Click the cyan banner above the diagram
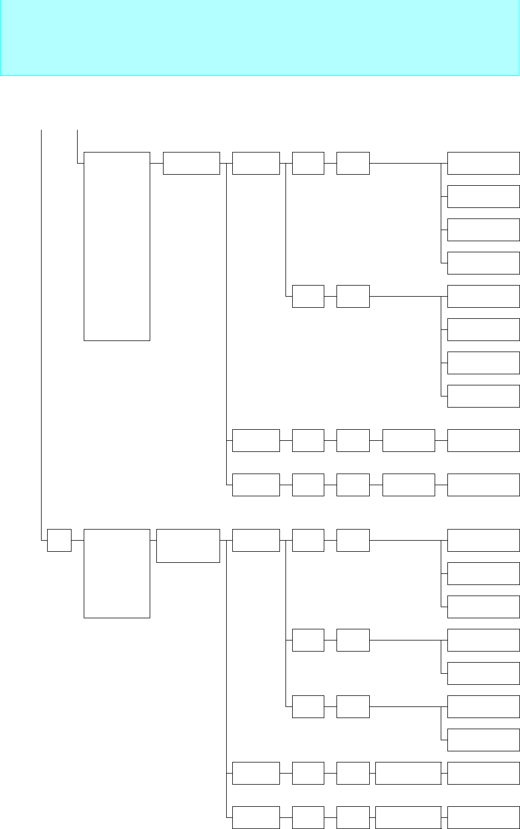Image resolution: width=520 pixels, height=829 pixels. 259,38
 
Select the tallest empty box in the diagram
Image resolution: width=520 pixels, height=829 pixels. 116,246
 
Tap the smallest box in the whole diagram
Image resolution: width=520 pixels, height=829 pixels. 59,540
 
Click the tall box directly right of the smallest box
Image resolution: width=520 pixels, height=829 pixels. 116,573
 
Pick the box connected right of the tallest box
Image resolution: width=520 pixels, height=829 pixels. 191,163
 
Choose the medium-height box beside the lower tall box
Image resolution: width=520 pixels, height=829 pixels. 188,546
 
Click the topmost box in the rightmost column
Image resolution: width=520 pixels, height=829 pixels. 483,163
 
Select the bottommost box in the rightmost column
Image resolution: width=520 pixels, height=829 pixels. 483,817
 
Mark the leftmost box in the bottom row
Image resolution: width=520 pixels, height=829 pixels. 256,817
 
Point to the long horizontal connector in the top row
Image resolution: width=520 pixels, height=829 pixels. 405,163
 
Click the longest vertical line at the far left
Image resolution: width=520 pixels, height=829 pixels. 42,333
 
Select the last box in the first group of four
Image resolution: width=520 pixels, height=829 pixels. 483,263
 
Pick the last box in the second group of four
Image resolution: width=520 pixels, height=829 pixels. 483,396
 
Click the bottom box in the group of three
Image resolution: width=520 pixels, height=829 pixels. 483,607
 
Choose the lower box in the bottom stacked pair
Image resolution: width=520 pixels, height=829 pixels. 483,740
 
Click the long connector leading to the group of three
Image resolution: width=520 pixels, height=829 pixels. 405,540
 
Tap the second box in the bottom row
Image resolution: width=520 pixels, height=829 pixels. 308,817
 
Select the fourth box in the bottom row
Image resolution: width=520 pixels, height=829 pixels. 408,817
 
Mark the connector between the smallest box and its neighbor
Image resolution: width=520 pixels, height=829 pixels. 78,540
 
